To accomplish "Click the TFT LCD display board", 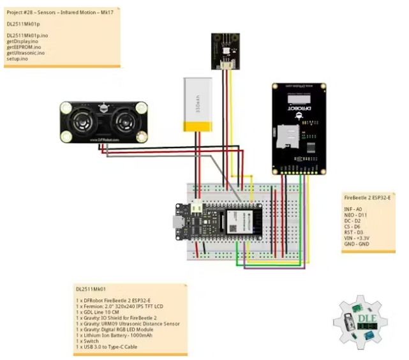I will click(x=299, y=127).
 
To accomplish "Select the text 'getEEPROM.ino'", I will click(x=24, y=47).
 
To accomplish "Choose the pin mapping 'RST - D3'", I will click(x=354, y=232).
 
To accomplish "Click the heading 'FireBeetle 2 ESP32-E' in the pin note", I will click(x=368, y=197).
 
